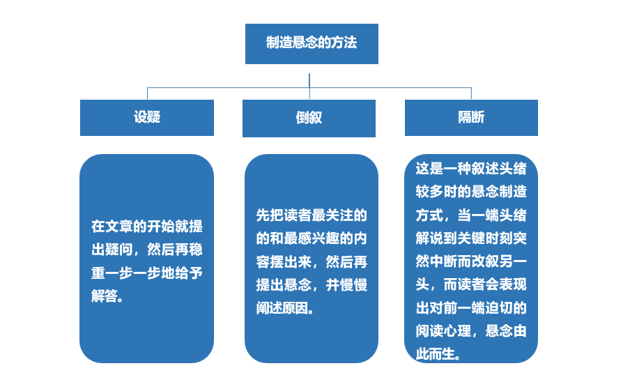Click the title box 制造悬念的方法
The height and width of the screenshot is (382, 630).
[312, 43]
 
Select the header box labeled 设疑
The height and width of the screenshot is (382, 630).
[147, 117]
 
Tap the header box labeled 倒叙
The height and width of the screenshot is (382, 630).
[309, 118]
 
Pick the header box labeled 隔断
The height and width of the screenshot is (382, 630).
[471, 117]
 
